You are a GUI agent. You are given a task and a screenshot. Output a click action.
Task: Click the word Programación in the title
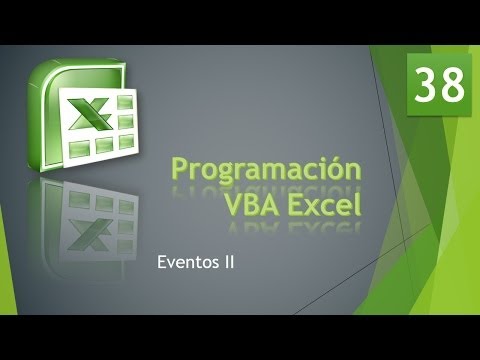coord(265,169)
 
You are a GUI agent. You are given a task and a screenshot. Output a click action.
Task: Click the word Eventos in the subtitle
coord(188,263)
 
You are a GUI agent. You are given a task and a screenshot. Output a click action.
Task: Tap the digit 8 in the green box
coord(453,85)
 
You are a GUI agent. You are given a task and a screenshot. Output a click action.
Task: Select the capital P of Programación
coord(182,169)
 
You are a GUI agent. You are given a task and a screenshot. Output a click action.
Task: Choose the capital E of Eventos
coord(162,263)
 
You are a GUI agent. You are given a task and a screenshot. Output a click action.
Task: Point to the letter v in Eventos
coord(173,264)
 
